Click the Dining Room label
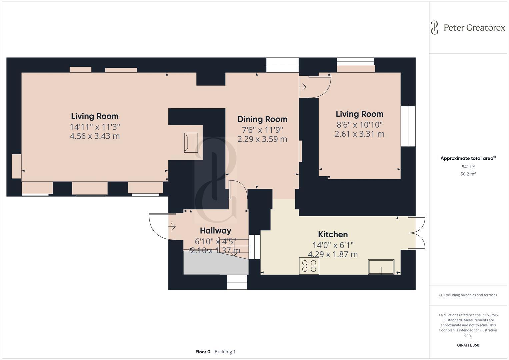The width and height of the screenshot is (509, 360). (262, 119)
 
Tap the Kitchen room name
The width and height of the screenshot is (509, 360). (333, 234)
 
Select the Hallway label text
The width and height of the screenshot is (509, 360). (215, 230)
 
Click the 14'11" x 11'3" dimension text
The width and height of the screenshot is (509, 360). (95, 127)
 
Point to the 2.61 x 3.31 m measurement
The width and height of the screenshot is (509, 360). (359, 134)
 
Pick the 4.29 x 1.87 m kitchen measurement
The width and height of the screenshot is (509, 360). (333, 254)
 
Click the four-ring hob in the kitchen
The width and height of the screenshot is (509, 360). (309, 266)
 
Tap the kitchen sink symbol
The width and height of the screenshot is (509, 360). (381, 267)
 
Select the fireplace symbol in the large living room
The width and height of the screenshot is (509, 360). (191, 143)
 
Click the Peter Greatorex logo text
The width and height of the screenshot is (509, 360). (474, 28)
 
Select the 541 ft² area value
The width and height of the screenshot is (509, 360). (468, 167)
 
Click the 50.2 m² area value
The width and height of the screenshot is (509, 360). (468, 174)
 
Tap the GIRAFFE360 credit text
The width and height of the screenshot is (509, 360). (468, 345)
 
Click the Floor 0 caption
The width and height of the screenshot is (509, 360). (203, 352)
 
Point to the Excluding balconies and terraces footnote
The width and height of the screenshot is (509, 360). (468, 295)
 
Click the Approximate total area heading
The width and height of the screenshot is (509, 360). (467, 158)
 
